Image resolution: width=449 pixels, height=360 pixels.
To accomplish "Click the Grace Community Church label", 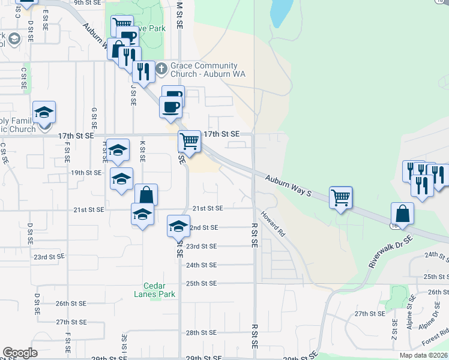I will (x=204, y=70).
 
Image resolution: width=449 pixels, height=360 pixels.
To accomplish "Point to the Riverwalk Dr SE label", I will (x=391, y=251).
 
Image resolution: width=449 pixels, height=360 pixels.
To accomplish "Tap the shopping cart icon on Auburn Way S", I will (x=341, y=197).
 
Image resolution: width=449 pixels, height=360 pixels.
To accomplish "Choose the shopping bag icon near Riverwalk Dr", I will (x=402, y=213).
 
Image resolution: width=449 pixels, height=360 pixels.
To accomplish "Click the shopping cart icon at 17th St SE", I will (x=190, y=142).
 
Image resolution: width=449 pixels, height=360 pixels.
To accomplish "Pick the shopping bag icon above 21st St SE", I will (x=146, y=194).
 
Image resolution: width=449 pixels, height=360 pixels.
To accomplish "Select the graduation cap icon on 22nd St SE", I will (x=178, y=225).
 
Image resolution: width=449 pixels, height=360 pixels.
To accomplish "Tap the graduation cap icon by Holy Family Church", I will (x=44, y=112).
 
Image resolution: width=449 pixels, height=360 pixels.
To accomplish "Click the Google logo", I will (x=20, y=353).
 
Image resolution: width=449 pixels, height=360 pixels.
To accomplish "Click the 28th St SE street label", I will (x=200, y=332).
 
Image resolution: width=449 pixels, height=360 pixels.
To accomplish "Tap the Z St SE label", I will (x=395, y=328).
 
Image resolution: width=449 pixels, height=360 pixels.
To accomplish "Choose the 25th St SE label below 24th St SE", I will (x=200, y=283).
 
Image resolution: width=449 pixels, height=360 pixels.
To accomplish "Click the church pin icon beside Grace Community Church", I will (x=161, y=70).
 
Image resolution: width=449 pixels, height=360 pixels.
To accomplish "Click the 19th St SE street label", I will (x=86, y=172).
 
